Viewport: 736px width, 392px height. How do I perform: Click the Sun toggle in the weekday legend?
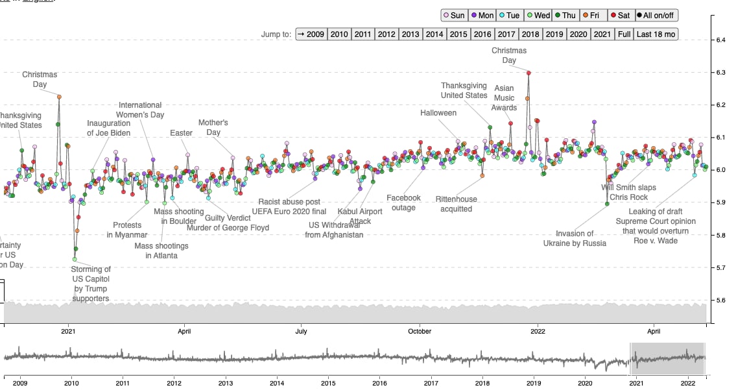click(453, 15)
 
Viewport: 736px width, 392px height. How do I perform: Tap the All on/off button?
click(656, 15)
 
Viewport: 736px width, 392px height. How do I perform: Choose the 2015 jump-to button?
click(458, 34)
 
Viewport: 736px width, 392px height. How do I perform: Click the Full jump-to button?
click(624, 34)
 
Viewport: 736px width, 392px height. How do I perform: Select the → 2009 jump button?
click(311, 34)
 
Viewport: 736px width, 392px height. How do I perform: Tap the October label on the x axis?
click(420, 331)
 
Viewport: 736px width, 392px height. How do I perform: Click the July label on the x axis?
click(302, 331)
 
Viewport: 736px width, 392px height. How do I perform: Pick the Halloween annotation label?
click(438, 113)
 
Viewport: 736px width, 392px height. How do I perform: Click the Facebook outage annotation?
click(403, 202)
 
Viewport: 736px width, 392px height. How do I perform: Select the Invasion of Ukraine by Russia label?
click(575, 238)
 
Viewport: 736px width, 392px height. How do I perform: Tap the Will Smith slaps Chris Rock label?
click(628, 192)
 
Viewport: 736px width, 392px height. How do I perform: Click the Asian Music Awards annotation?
click(504, 98)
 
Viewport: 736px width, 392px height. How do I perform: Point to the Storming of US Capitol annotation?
click(91, 284)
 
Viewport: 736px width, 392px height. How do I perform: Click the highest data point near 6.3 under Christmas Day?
click(528, 73)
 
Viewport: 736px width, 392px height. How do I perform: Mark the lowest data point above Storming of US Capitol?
click(74, 259)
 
